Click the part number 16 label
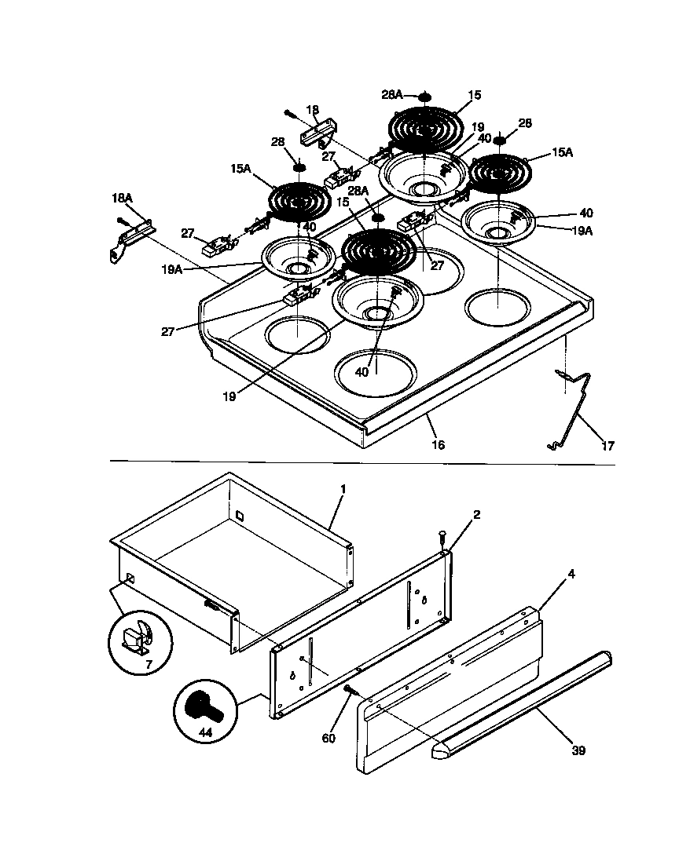tap(438, 444)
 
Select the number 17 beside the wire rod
tap(607, 445)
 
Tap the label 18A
tap(122, 199)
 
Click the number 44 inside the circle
tap(205, 732)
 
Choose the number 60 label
tap(328, 738)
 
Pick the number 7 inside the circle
tap(148, 666)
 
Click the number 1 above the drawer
tap(343, 488)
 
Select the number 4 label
tap(571, 574)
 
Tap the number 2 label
tap(477, 515)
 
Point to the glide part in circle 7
tap(136, 639)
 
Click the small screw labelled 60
tap(350, 690)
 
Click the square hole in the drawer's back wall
tap(239, 515)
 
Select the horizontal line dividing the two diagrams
tap(362, 462)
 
